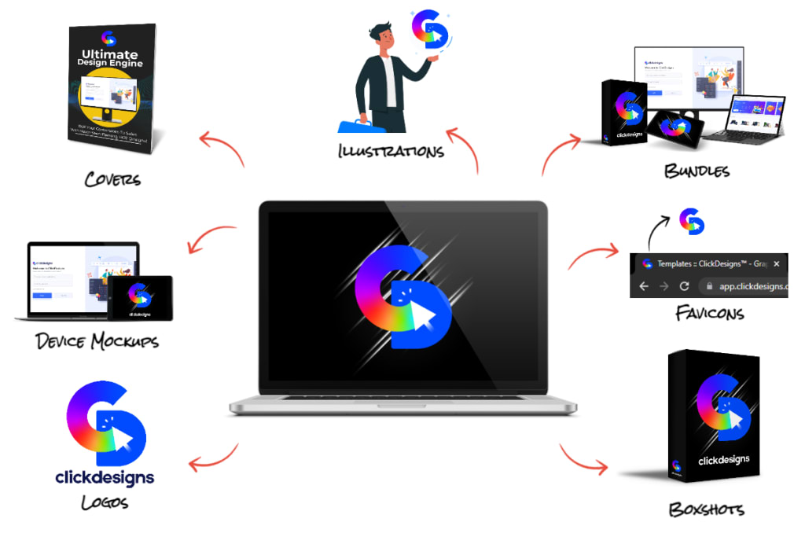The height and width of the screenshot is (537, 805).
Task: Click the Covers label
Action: (x=112, y=178)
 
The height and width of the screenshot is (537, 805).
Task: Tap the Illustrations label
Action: (x=391, y=149)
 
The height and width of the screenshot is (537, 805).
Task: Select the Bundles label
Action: (x=697, y=171)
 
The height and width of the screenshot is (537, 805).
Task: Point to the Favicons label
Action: (x=710, y=314)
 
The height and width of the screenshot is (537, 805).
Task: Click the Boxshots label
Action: (x=706, y=509)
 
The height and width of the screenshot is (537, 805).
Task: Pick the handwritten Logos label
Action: (x=105, y=502)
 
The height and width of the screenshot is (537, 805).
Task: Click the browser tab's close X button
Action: (x=777, y=264)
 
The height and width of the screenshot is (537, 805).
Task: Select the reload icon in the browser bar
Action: (x=684, y=286)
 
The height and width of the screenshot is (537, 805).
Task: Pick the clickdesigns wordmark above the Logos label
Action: (x=105, y=476)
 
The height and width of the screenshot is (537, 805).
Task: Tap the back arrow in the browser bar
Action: (x=644, y=286)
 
